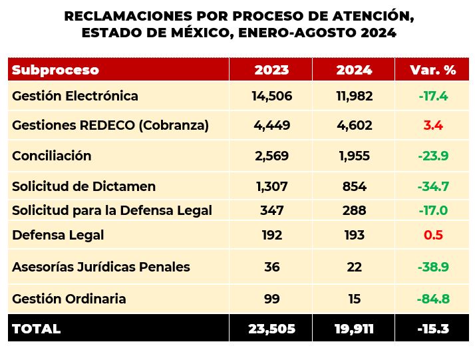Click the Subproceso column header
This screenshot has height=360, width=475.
(x=55, y=70)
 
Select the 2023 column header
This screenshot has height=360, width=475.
(x=271, y=70)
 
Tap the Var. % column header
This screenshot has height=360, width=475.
(x=432, y=70)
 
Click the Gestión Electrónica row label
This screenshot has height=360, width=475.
(x=75, y=96)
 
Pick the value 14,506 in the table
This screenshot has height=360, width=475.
(x=271, y=96)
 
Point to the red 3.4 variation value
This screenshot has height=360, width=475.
(x=433, y=125)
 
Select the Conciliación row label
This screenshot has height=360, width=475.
(x=51, y=156)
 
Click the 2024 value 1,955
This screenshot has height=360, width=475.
(x=354, y=156)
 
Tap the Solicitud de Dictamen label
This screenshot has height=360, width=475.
(x=84, y=186)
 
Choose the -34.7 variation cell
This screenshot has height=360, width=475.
(x=433, y=186)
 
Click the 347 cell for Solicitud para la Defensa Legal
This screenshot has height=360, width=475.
(x=271, y=210)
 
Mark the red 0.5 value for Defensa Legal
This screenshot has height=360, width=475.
(x=433, y=235)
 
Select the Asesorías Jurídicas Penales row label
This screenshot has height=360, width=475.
(x=101, y=267)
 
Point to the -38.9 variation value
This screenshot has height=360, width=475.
(x=433, y=267)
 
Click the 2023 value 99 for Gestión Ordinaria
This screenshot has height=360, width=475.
(x=271, y=299)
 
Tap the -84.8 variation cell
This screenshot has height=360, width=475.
(x=433, y=299)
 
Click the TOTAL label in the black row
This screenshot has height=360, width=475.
(x=36, y=329)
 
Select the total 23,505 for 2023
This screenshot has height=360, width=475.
(x=271, y=329)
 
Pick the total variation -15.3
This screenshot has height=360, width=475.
(x=433, y=329)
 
